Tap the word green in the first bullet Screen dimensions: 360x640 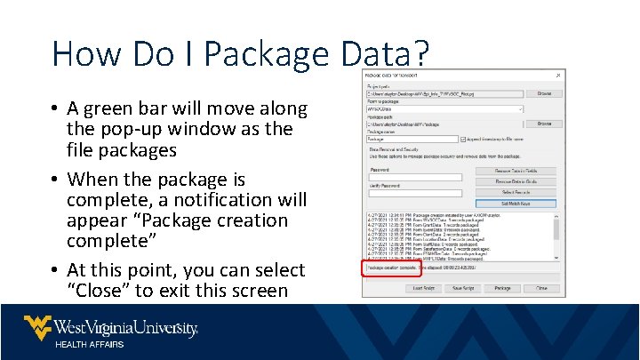[x=112, y=109]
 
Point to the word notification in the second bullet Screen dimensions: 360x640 [x=204, y=198]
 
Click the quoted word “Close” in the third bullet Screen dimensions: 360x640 [x=97, y=291]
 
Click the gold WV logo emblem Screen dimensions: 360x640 [x=36, y=327]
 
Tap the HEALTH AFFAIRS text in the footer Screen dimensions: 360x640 [x=90, y=345]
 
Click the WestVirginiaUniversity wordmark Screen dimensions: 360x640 [x=125, y=327]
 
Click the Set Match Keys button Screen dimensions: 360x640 [x=516, y=203]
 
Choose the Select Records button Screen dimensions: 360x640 [x=516, y=192]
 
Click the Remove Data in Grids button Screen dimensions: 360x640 [x=516, y=181]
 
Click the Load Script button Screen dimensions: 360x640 [x=424, y=288]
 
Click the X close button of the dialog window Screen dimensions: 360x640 [x=557, y=75]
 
